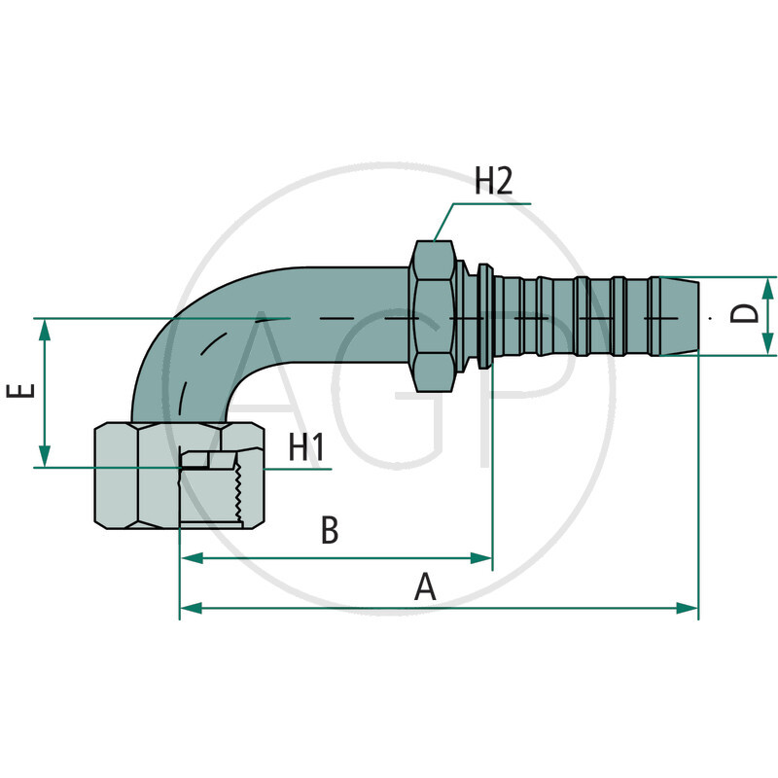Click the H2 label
click(493, 182)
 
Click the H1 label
click(305, 448)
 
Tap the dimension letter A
click(424, 586)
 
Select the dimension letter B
click(330, 531)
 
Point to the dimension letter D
click(744, 313)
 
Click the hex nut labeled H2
click(433, 316)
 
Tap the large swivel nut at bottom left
click(136, 477)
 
